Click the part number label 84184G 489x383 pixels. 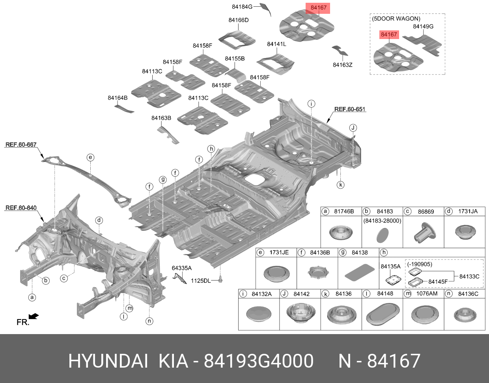242,7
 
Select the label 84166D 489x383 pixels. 239,20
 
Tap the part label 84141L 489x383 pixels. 276,44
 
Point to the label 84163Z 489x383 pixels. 342,65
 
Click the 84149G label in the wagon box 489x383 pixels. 423,26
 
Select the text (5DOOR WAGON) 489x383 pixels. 396,19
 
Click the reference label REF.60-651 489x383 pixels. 350,109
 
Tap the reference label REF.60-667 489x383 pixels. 21,145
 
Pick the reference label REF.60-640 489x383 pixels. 21,208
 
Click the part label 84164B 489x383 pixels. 118,98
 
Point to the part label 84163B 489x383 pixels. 161,118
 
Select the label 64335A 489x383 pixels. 181,268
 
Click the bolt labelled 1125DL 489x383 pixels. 221,280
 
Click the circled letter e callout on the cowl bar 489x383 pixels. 90,158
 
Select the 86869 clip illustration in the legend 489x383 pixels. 424,232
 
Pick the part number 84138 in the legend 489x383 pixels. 359,252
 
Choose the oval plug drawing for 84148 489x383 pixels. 382,314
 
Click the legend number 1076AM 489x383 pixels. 427,293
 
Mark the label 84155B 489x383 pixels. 235,59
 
